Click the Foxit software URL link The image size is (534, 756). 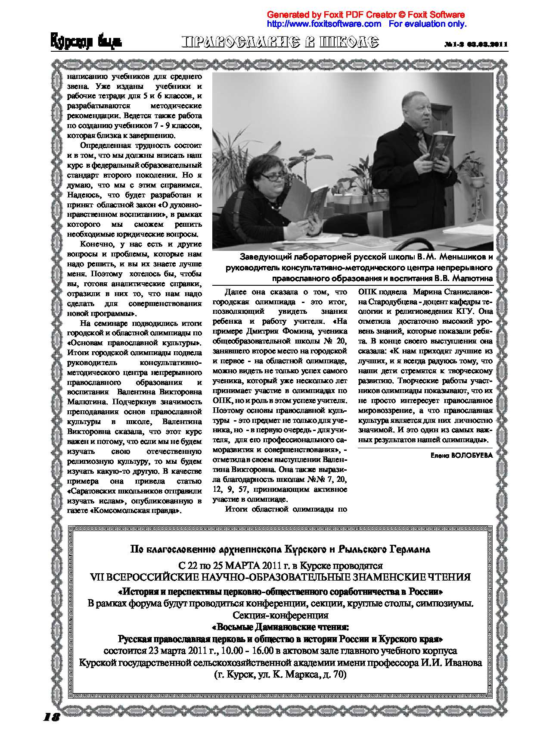324,24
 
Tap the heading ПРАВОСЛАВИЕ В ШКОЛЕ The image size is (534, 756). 280,42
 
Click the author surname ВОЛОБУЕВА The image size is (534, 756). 472,455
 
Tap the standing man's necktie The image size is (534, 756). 422,142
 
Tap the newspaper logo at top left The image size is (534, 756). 86,42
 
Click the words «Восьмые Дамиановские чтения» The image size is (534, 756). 280,626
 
